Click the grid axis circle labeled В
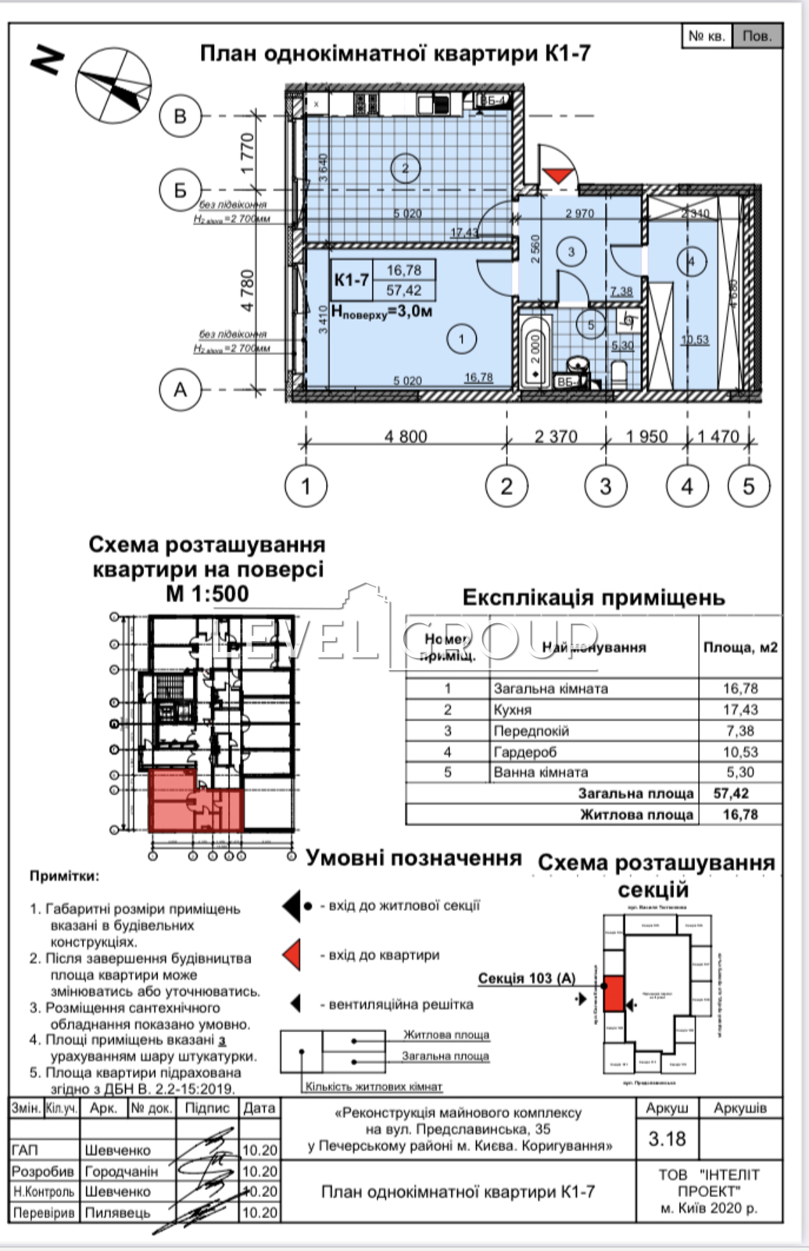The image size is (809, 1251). click(x=180, y=116)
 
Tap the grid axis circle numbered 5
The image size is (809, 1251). click(x=748, y=486)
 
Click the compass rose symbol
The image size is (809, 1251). click(x=113, y=85)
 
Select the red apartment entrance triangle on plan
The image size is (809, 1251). click(x=557, y=174)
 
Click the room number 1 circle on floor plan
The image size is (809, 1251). click(x=461, y=339)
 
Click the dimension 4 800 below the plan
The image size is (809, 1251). click(x=406, y=436)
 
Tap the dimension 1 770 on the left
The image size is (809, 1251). click(x=248, y=153)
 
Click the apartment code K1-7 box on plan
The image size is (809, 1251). click(x=352, y=280)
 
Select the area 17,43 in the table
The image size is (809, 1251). click(x=740, y=710)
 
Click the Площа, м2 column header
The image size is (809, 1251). click(x=740, y=647)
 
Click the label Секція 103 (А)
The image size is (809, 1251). click(x=526, y=978)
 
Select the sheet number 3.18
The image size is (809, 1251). click(x=667, y=1139)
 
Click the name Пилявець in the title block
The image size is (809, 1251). click(x=117, y=1213)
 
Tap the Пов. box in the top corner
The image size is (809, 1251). click(x=757, y=36)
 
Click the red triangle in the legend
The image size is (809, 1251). click(x=292, y=955)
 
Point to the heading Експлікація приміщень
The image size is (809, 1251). click(x=593, y=598)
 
